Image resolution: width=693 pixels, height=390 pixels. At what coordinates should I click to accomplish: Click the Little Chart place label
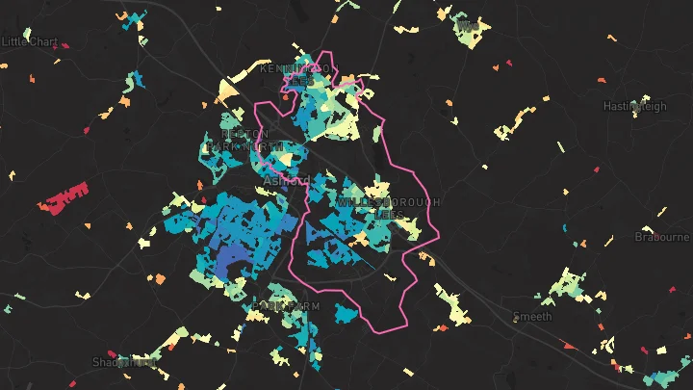[x=30, y=41]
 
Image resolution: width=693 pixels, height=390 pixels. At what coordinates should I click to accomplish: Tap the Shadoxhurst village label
[x=124, y=362]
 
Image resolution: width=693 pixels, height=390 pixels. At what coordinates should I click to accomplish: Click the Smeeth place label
[x=532, y=316]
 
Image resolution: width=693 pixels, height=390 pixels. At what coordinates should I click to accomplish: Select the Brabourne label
[x=663, y=237]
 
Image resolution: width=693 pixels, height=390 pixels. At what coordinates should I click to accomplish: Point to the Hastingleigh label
[x=634, y=106]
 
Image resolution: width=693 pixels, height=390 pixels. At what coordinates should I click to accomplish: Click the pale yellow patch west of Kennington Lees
[x=228, y=91]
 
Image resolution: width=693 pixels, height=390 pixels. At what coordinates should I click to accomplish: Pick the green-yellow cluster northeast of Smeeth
[x=566, y=285]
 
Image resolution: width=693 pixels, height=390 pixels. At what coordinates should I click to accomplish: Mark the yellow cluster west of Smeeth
[x=452, y=305]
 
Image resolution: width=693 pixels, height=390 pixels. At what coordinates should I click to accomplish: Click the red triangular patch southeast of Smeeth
[x=569, y=345]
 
